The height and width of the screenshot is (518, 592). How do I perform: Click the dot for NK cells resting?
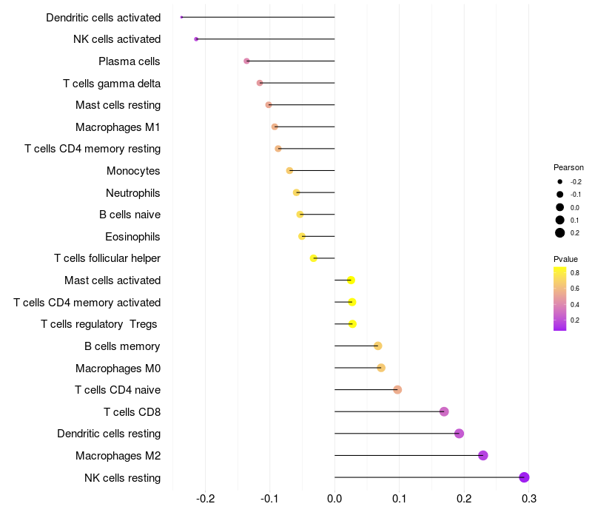coord(524,477)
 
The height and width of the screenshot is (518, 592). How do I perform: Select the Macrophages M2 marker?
coord(483,455)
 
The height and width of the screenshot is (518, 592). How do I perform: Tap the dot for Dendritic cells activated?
coord(181,17)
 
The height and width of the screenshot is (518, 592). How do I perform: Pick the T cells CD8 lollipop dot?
coord(444,411)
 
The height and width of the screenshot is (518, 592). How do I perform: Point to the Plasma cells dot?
coord(246,61)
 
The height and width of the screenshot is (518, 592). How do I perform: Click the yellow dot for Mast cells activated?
coord(351,280)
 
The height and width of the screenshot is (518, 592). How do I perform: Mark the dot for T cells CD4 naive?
coord(397,389)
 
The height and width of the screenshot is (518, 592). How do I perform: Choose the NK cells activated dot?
coord(196,38)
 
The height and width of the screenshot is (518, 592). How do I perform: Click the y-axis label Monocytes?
coord(133,171)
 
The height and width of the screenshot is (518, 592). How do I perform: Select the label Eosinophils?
coord(132,237)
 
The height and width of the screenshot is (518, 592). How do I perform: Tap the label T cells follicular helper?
coord(107,258)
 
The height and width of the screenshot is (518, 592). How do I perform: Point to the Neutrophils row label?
coord(133,193)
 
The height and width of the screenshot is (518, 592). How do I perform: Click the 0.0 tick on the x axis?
coord(334,500)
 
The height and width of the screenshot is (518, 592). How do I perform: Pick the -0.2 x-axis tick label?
coord(205,500)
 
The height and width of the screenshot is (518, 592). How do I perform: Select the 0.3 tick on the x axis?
coord(529,500)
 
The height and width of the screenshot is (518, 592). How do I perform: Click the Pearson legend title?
coord(568,167)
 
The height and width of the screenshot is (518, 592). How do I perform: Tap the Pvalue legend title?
coord(565,259)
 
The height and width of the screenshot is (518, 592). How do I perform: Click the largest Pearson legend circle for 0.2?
coord(560,233)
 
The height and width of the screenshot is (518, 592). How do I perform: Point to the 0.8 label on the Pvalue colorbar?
coord(575,273)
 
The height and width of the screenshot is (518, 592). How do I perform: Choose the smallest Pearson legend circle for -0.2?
coord(560,182)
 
